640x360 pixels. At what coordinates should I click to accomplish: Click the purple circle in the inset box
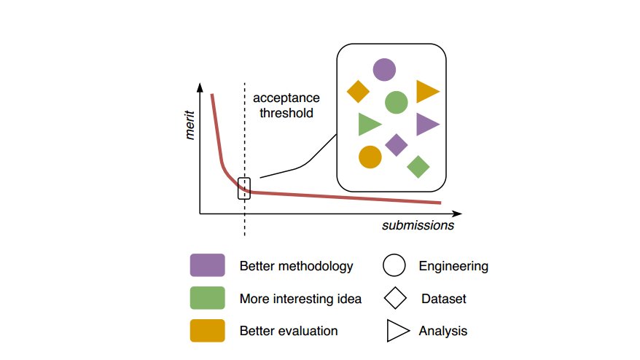coord(384,70)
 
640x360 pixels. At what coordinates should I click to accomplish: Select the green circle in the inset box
coord(396,102)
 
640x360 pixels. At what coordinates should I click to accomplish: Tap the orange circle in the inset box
coord(370,157)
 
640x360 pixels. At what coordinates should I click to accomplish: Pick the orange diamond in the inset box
coord(359,92)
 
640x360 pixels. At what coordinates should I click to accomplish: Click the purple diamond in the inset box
coord(396,145)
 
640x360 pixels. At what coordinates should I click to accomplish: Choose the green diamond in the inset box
coord(418,167)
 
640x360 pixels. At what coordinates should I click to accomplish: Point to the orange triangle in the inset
coord(426,91)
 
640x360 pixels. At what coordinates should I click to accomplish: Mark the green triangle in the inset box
coord(368,124)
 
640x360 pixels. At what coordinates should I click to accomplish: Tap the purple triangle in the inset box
coord(426,124)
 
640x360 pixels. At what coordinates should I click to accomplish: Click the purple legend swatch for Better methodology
coord(207,266)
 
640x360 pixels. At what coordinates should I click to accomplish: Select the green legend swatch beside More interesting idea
coord(207,298)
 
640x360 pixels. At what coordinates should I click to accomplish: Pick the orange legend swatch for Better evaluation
coord(207,331)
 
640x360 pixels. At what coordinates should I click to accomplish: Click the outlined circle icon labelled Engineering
coord(394,266)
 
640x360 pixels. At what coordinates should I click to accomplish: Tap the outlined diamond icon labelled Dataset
coord(394,298)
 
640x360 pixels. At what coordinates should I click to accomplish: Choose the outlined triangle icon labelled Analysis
coord(397,331)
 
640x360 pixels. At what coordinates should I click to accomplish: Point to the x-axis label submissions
coord(418,225)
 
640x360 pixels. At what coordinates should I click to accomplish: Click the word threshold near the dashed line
coord(289,114)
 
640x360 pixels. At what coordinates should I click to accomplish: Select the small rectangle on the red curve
coord(244,188)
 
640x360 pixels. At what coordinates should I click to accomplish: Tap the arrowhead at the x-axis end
coord(457,214)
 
